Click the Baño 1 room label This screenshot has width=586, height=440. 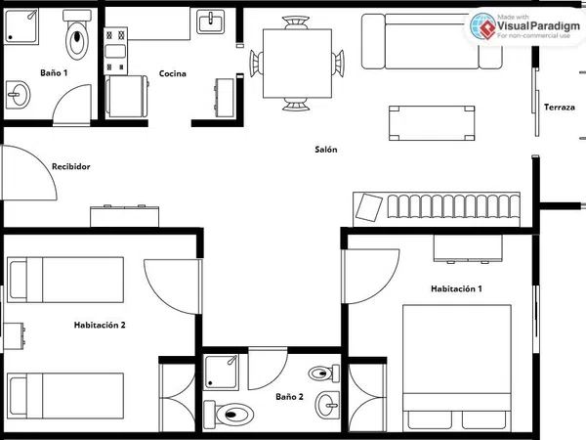[x=54, y=72]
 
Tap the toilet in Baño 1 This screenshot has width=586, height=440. [x=77, y=33]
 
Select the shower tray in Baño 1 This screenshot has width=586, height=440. [x=21, y=26]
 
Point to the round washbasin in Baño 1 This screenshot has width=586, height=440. [x=18, y=95]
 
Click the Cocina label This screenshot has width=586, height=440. [x=173, y=73]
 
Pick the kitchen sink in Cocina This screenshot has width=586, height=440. [x=211, y=22]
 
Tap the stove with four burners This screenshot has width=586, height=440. [x=115, y=51]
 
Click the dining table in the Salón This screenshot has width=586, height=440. [x=298, y=64]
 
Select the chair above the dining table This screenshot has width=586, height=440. [x=296, y=22]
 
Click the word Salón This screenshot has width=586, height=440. [x=326, y=150]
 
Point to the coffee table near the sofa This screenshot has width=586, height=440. [x=432, y=123]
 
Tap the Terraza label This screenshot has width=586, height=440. [x=560, y=108]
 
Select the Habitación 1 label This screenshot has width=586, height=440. [x=456, y=288]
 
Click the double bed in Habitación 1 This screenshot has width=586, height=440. [x=457, y=368]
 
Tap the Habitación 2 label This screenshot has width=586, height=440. [x=100, y=325]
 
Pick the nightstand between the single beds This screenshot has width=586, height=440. [x=14, y=336]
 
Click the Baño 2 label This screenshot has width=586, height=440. [x=290, y=397]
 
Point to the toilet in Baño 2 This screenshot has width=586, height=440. [x=229, y=414]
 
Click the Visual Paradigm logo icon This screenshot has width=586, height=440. [x=482, y=26]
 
